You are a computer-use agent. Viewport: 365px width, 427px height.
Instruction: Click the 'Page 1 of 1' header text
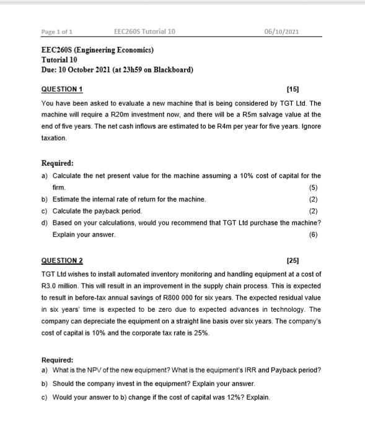click(56, 31)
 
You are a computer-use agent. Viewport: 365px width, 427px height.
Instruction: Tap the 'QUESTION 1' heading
click(62, 90)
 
